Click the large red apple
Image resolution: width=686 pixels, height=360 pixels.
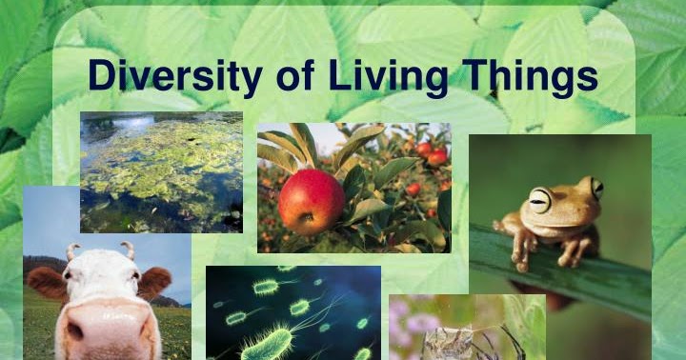click(x=312, y=201)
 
